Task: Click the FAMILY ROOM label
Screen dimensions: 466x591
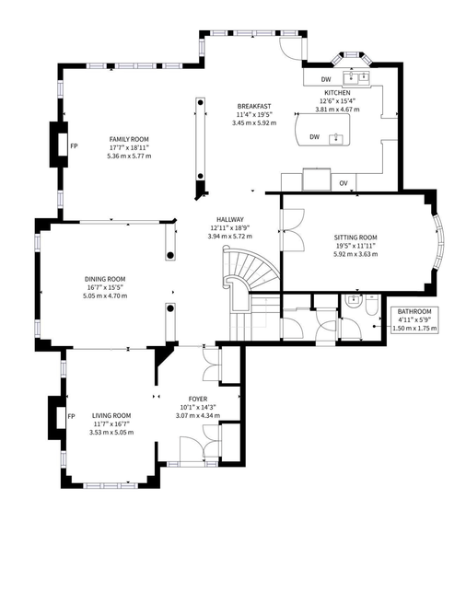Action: tap(129, 139)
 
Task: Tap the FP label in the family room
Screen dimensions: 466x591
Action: tap(74, 145)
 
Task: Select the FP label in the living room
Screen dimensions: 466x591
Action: tap(71, 416)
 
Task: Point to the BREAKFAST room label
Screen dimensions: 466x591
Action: tap(254, 106)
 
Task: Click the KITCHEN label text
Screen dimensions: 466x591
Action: tap(337, 93)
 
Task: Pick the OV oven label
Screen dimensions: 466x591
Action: tap(344, 183)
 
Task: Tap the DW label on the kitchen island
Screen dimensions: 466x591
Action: tap(315, 137)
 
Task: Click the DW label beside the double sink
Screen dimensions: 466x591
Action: tap(326, 79)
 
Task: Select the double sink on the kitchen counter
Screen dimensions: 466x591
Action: tap(356, 77)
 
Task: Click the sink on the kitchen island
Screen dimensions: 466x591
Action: tap(335, 139)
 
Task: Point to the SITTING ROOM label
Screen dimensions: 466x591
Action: tap(355, 238)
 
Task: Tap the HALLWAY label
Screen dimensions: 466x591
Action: tap(230, 219)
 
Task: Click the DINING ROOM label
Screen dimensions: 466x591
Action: tap(105, 279)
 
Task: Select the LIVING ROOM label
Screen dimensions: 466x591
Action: tap(111, 416)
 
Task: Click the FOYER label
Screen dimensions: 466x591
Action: tap(198, 399)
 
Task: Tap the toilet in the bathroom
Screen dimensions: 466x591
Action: tap(371, 305)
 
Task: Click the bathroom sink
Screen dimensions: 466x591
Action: tap(354, 300)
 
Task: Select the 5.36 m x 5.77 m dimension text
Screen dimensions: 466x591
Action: tap(129, 156)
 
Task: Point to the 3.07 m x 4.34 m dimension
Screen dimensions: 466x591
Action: tap(198, 416)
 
